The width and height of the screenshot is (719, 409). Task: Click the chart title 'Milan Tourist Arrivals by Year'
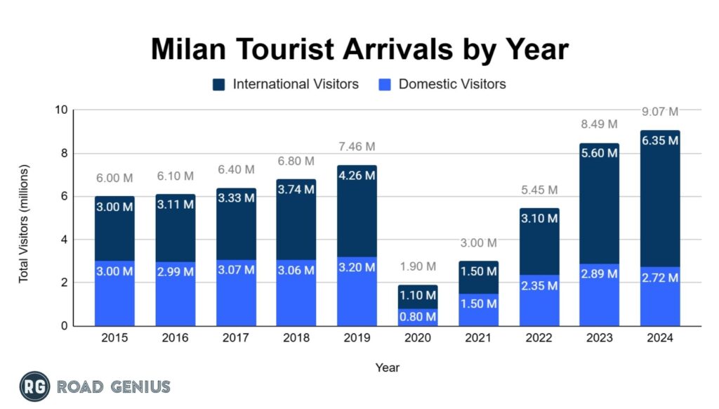[x=359, y=50]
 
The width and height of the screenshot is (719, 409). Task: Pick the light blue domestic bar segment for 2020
[x=417, y=317]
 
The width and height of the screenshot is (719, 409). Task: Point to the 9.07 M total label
[x=660, y=111]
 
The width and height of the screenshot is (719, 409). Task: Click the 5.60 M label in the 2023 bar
[x=600, y=152]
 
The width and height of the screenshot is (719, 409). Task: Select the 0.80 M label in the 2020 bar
[x=417, y=317]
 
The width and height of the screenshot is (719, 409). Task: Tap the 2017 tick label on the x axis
[x=236, y=338]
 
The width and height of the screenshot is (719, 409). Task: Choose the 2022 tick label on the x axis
[x=539, y=338]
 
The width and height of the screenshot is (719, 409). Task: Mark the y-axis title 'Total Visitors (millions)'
[x=24, y=223]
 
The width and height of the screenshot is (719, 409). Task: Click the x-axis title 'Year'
[x=387, y=367]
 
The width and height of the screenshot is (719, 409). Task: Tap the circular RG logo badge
[x=34, y=386]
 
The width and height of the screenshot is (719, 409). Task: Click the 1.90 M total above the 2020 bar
[x=417, y=266]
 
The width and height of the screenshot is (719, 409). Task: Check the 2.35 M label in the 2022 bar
[x=539, y=286]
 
